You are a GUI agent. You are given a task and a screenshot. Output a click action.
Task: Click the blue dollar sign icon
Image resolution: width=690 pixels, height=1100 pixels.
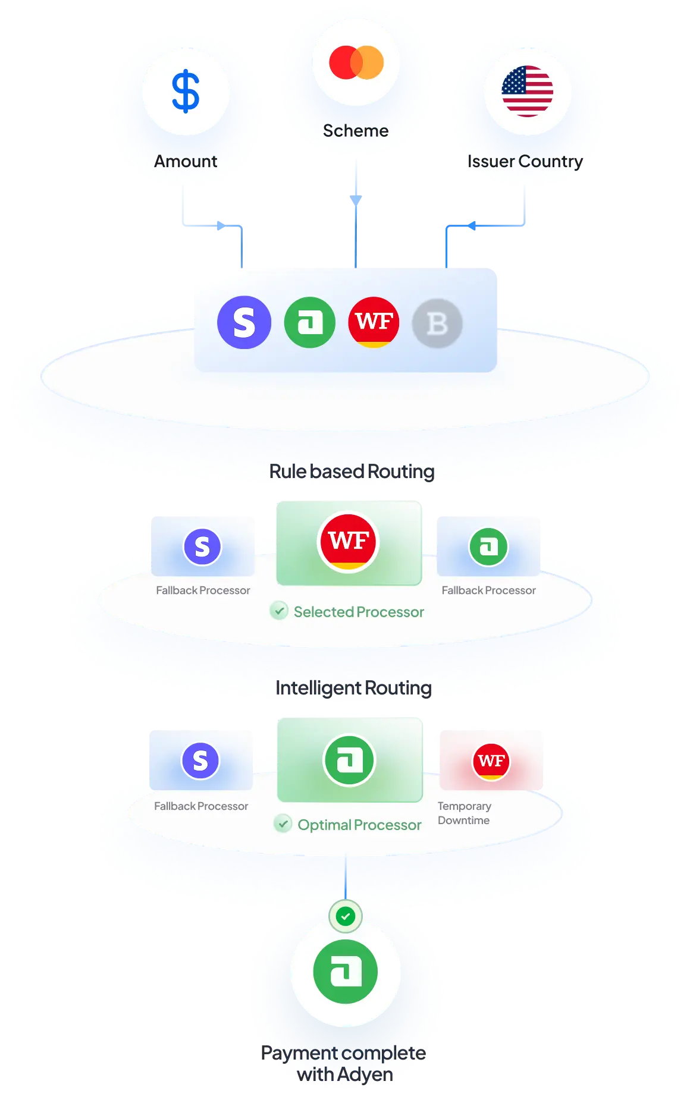(x=186, y=92)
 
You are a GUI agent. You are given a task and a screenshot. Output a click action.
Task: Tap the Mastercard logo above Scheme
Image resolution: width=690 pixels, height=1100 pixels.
(x=356, y=62)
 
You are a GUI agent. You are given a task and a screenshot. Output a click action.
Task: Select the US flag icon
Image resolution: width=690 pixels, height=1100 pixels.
(x=527, y=92)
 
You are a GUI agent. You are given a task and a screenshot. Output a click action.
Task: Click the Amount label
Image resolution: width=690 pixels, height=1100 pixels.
(x=186, y=161)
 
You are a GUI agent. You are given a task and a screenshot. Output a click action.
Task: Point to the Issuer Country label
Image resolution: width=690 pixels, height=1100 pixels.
(x=526, y=161)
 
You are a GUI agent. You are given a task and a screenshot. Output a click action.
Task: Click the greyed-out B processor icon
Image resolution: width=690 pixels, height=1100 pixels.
(x=437, y=323)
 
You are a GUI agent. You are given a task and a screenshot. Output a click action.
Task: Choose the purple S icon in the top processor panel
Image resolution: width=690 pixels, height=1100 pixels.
(x=244, y=322)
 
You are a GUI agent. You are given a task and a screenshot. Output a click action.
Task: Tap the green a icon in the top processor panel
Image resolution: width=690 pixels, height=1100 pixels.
(x=309, y=322)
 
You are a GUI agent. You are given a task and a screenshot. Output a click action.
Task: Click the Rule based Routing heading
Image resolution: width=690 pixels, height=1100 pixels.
(x=352, y=471)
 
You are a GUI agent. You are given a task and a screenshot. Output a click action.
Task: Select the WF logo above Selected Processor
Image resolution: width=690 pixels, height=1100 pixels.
(x=349, y=541)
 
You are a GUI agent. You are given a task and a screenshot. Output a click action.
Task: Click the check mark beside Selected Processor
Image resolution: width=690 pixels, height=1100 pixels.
(x=279, y=611)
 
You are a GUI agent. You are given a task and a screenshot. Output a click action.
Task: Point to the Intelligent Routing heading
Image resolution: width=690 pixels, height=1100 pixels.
(x=353, y=687)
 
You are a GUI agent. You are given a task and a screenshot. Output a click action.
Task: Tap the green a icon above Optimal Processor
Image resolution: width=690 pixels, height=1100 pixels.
(x=349, y=760)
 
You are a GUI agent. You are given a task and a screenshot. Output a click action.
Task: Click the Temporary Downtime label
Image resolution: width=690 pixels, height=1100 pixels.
(x=465, y=813)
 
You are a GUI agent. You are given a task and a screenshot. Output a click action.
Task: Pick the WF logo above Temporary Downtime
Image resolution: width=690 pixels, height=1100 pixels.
(x=491, y=761)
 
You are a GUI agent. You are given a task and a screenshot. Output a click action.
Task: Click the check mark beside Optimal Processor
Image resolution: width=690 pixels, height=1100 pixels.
(x=283, y=824)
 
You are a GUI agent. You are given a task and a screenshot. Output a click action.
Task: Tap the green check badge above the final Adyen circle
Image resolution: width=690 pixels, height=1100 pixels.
(x=346, y=916)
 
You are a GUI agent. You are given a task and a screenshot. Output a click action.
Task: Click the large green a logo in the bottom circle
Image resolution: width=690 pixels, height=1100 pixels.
(x=346, y=972)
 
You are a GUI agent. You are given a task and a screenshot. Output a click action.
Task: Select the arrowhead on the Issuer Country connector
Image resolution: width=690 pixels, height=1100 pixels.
(x=471, y=226)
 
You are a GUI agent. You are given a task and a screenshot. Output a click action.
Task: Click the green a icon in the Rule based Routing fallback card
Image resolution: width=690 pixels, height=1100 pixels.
(x=488, y=546)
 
